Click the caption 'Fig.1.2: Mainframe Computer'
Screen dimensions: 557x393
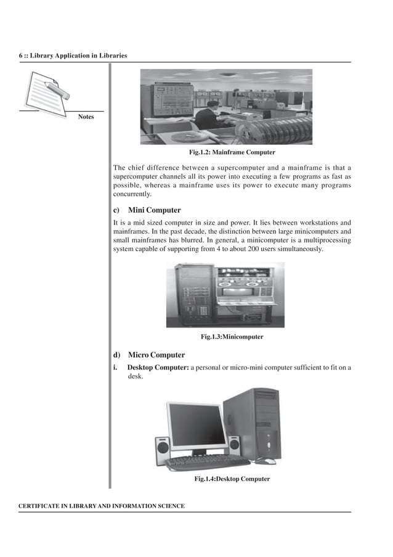pyautogui.click(x=232, y=152)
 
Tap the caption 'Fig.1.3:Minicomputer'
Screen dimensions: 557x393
pyautogui.click(x=232, y=337)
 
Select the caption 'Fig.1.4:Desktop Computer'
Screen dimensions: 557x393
pyautogui.click(x=232, y=479)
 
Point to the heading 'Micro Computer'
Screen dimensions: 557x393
pyautogui.click(x=156, y=355)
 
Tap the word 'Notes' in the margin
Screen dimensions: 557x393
pyautogui.click(x=86, y=117)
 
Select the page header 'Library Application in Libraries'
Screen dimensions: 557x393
pyautogui.click(x=76, y=56)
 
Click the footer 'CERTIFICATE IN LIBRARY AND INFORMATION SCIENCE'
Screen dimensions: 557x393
pyautogui.click(x=102, y=506)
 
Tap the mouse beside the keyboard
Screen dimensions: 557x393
pyautogui.click(x=266, y=460)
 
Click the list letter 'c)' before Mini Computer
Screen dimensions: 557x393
pyautogui.click(x=116, y=210)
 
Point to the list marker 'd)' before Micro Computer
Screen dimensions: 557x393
pyautogui.click(x=116, y=355)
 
